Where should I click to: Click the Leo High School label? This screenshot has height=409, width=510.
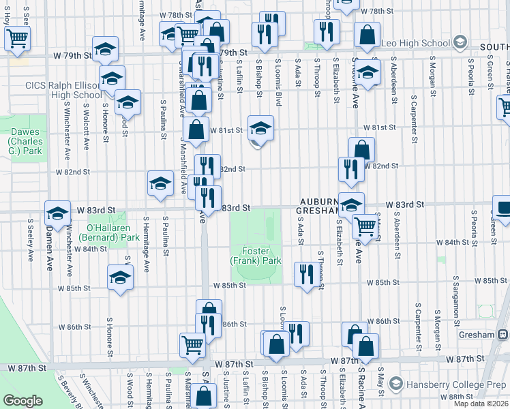tap(416, 44)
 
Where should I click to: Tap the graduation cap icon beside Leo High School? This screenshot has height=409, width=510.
tap(460, 43)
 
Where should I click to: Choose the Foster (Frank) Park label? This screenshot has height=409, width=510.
tap(256, 256)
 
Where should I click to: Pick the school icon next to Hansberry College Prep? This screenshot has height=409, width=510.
tap(395, 386)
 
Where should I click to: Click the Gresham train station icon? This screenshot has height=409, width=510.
tap(503, 335)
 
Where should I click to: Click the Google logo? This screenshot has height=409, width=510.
tap(22, 401)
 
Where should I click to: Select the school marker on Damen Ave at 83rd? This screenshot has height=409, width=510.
tap(58, 212)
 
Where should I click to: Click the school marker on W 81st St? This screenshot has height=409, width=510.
tap(260, 127)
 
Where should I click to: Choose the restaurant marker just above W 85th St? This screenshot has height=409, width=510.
tap(305, 273)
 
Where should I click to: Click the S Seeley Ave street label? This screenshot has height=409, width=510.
tap(30, 239)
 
